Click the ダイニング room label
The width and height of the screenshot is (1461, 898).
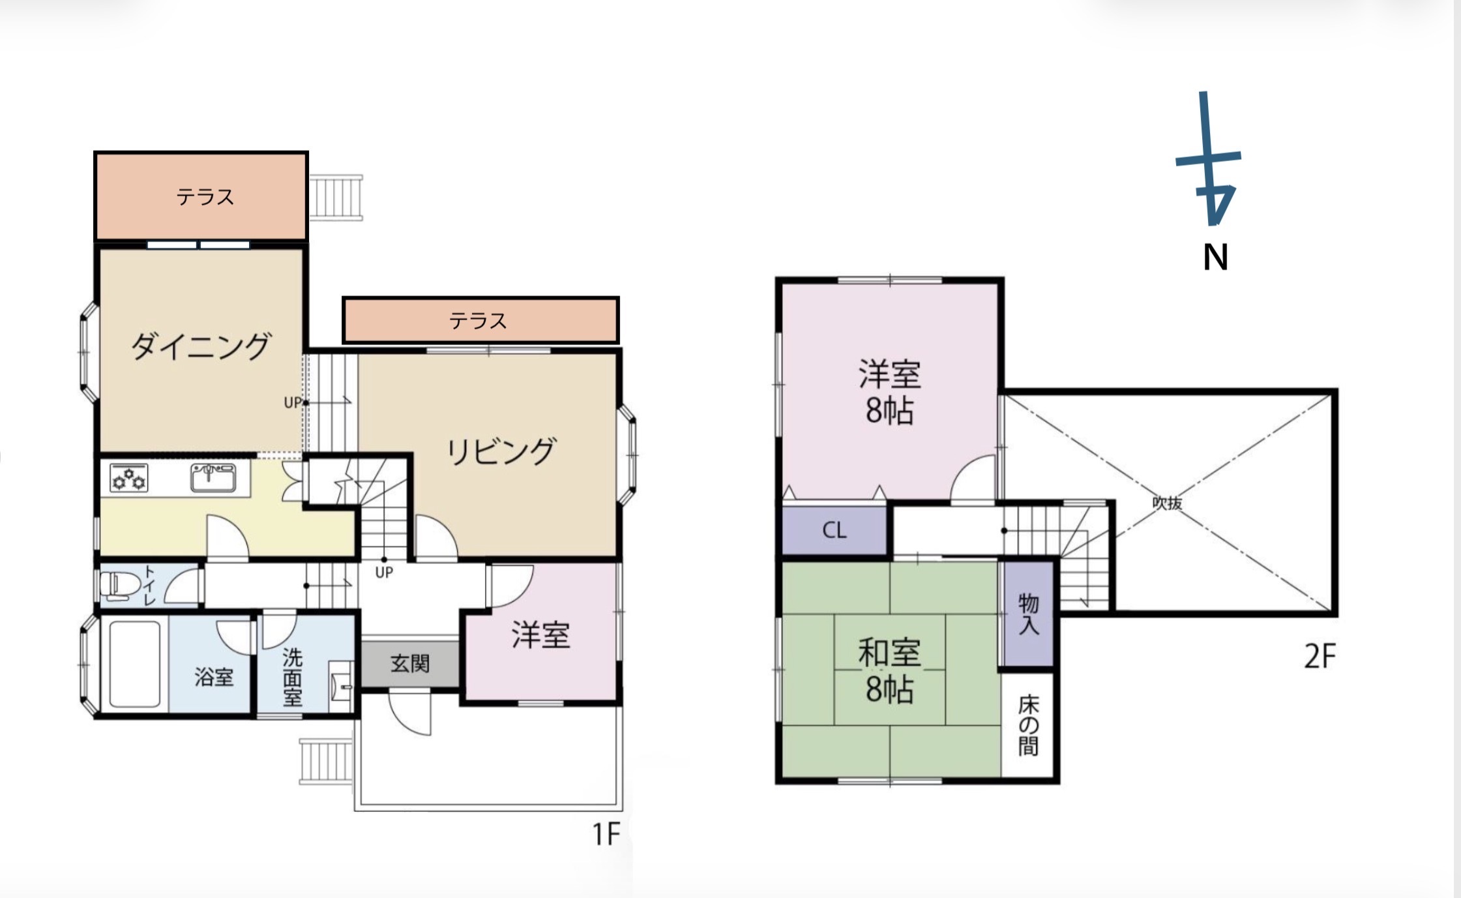click(x=200, y=346)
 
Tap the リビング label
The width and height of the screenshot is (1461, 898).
click(x=501, y=451)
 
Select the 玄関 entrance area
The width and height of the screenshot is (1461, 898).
click(x=410, y=664)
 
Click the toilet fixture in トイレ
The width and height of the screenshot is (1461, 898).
click(x=117, y=585)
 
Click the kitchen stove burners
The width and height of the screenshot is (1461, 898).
click(x=128, y=478)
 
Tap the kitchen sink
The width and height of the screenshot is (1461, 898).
click(x=213, y=477)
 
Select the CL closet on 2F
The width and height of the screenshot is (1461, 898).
click(x=834, y=530)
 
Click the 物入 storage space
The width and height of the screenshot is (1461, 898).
click(x=1027, y=614)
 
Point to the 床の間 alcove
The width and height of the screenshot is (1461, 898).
click(x=1028, y=725)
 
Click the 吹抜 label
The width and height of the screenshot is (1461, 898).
click(x=1167, y=503)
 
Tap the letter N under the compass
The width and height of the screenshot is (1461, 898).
click(x=1215, y=257)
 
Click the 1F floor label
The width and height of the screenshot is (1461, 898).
click(x=606, y=833)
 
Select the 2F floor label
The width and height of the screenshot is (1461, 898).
click(x=1320, y=656)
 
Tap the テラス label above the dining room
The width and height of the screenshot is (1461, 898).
click(x=205, y=197)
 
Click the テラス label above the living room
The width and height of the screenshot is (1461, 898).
click(x=478, y=321)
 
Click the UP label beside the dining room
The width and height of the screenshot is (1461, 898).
click(x=293, y=403)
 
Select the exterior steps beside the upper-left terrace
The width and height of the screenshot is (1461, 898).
click(x=336, y=198)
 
